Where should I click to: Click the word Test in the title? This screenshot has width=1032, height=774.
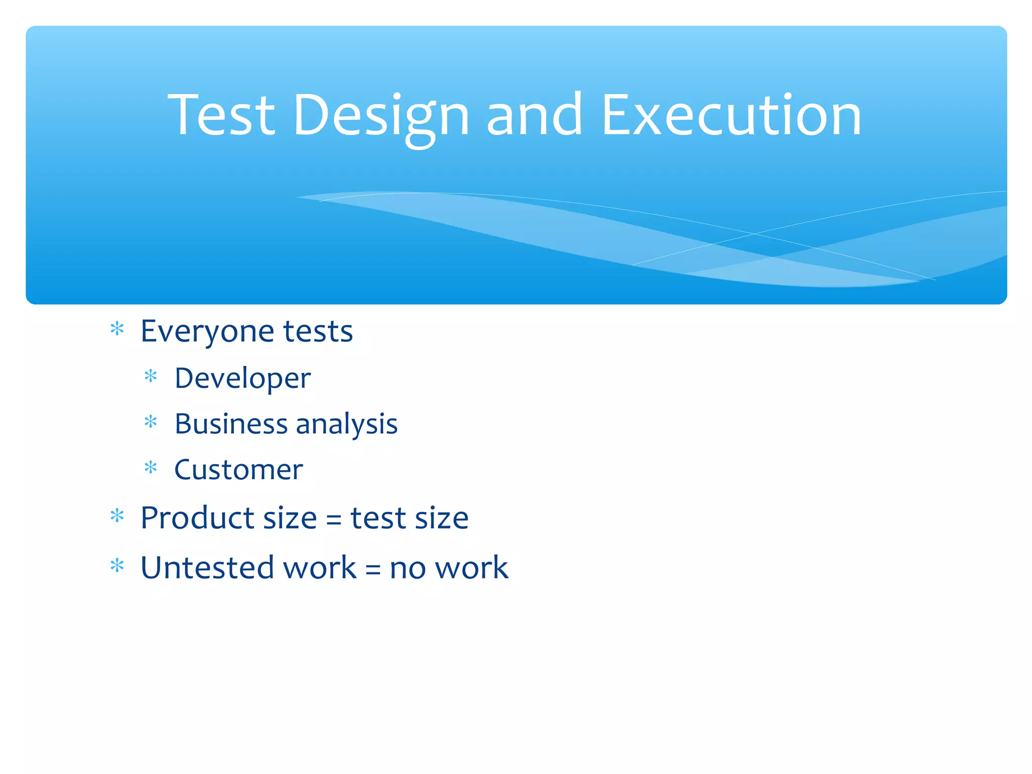[221, 116]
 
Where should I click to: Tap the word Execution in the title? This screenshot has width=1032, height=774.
[731, 116]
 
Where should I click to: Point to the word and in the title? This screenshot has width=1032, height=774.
[534, 116]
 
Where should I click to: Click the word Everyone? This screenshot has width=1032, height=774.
[207, 332]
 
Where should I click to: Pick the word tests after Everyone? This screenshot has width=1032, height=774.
[318, 332]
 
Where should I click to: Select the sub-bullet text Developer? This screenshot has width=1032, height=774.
[242, 378]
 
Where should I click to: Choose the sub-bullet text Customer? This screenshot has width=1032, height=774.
[238, 470]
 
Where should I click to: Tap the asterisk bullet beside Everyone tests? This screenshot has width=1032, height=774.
[117, 329]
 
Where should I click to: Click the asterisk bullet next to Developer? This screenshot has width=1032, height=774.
[151, 376]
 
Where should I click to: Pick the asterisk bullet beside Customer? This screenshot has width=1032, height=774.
[151, 468]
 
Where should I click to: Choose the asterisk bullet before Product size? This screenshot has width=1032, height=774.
[117, 515]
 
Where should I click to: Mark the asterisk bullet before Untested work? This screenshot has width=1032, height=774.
[117, 565]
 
